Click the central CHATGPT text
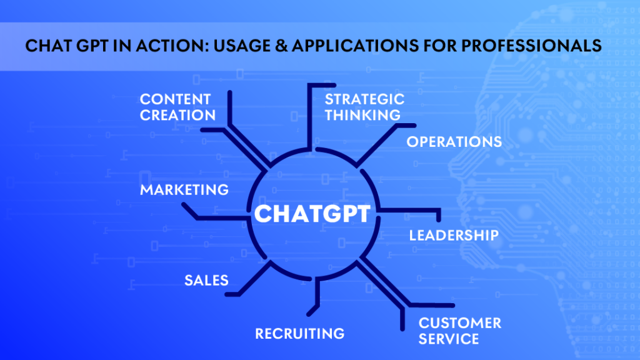tap(312, 214)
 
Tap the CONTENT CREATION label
tap(177, 107)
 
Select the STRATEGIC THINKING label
tap(364, 107)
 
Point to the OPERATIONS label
tap(454, 142)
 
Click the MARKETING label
tap(184, 190)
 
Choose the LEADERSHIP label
tap(454, 236)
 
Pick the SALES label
tap(206, 281)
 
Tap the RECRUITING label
tap(299, 334)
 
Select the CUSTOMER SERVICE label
tap(460, 331)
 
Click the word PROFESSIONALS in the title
tap(531, 45)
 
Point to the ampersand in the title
tap(281, 45)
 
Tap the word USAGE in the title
tap(242, 45)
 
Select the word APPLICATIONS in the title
tap(355, 45)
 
